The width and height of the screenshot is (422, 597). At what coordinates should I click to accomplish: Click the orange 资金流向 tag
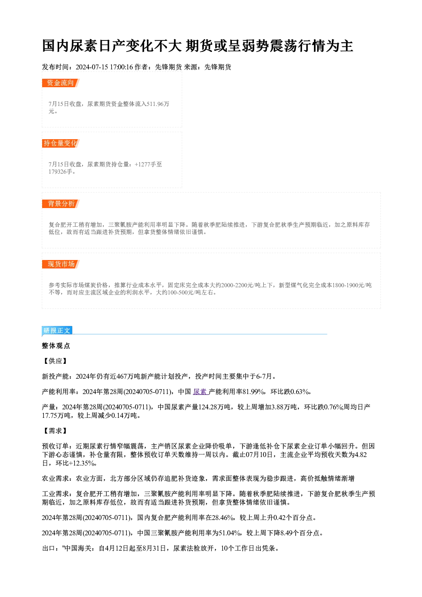point(60,83)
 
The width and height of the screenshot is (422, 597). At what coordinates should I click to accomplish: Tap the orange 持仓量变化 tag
point(60,143)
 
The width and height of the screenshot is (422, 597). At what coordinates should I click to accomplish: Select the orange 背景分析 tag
point(60,204)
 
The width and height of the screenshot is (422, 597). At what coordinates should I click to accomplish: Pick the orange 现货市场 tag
point(60,264)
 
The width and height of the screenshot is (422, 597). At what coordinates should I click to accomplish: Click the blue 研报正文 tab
point(57,331)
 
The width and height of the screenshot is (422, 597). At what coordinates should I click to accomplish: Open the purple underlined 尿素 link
point(200,391)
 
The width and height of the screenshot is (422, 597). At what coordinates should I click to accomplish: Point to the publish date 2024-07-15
point(91,67)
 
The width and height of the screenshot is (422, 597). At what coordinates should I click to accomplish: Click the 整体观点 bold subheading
point(56,346)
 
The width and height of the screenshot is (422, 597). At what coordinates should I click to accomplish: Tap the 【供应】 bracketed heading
point(55,361)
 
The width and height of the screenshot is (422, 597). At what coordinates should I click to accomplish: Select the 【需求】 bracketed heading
point(55,431)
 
